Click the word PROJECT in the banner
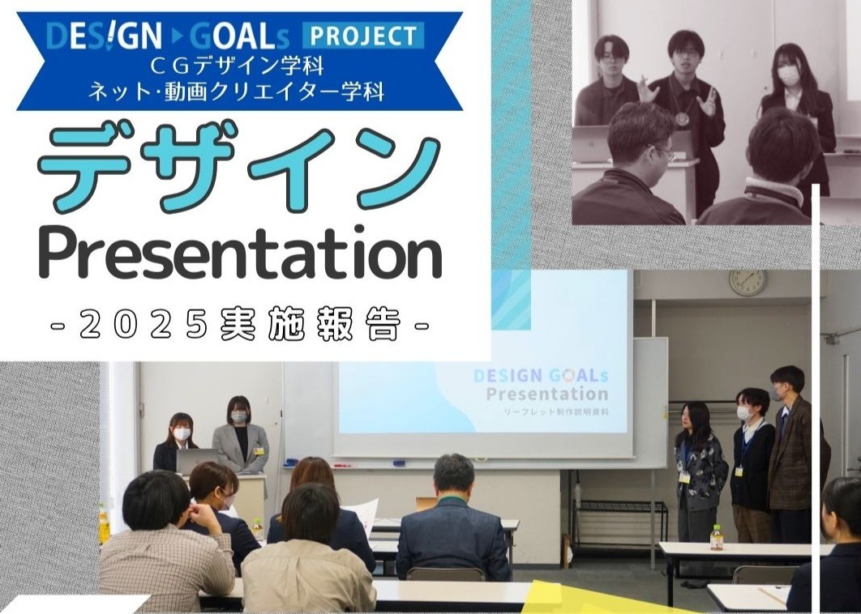tap(363, 36)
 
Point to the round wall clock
tap(747, 282)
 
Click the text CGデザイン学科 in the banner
tap(238, 66)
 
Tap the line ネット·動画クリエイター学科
tap(236, 91)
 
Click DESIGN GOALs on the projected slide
tap(540, 376)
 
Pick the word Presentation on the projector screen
tap(547, 394)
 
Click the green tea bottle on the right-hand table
tap(716, 537)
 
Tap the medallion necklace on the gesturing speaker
tap(682, 118)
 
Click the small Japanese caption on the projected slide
tap(557, 411)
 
